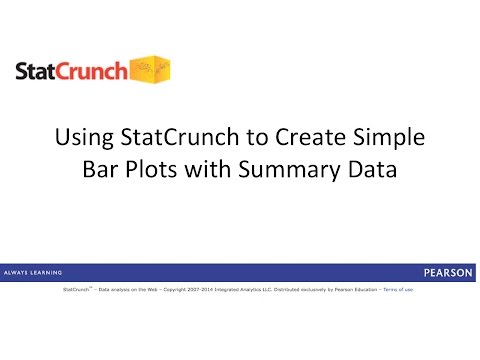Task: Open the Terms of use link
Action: [397, 289]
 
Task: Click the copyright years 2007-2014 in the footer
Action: [215, 289]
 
